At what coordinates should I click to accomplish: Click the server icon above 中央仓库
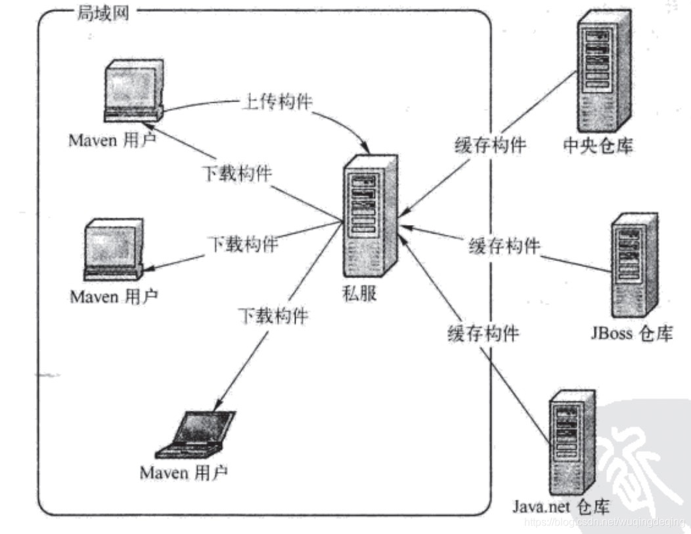pos(601,72)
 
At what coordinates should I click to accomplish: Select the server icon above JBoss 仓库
pos(633,265)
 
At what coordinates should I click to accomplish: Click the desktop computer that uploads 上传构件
pos(131,91)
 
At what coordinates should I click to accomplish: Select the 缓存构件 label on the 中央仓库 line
pos(490,145)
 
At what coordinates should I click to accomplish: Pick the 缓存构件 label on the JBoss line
pos(504,247)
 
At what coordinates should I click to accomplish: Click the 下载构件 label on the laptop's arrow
pos(273,316)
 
